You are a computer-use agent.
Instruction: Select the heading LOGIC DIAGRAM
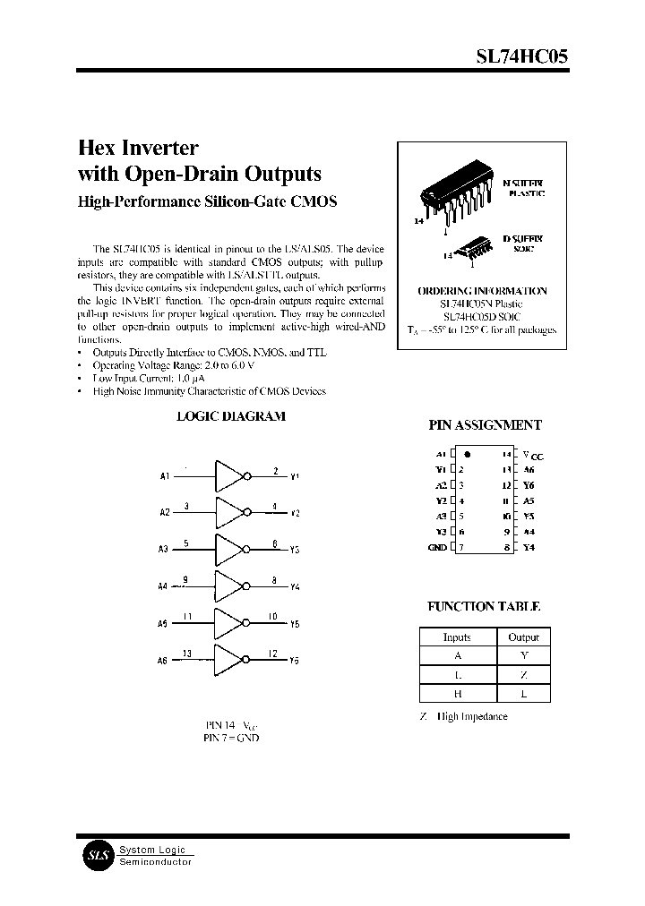pos(230,416)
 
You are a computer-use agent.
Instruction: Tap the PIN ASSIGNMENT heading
pos(485,426)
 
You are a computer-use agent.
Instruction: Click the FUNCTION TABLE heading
pos(484,606)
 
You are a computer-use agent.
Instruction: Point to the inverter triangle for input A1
pos(229,476)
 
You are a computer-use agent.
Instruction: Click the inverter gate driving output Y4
pos(229,586)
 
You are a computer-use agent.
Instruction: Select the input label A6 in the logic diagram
pos(162,661)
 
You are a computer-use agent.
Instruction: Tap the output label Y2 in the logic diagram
pos(295,513)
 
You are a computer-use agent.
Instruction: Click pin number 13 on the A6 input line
pos(186,653)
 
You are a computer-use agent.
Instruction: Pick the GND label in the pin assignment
pos(437,547)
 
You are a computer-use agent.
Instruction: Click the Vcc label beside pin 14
pos(533,456)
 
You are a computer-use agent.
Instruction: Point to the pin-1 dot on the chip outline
pos(469,455)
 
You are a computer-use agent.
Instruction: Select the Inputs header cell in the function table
pos(457,637)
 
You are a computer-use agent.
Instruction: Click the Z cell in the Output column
pos(523,675)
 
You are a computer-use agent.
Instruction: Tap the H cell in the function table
pos(457,694)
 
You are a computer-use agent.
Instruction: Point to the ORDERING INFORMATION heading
pos(482,291)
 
